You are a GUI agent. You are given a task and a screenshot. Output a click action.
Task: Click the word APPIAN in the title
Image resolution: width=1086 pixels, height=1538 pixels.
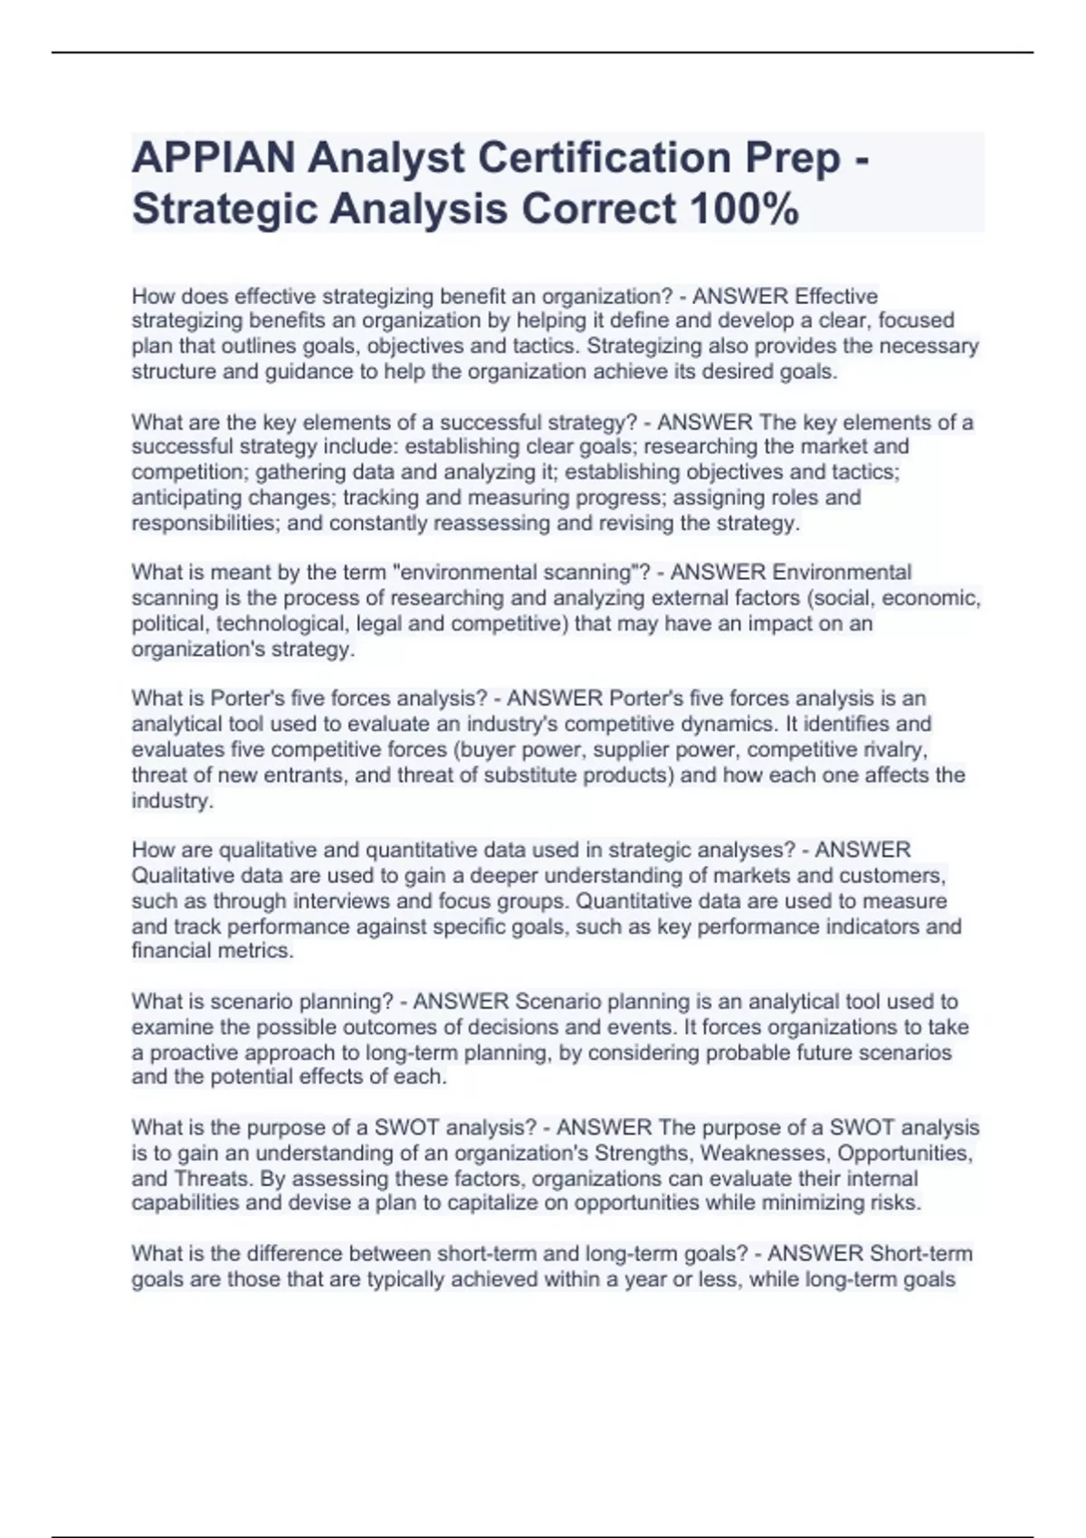(214, 158)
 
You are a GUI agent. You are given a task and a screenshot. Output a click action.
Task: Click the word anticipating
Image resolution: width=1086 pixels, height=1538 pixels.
(187, 498)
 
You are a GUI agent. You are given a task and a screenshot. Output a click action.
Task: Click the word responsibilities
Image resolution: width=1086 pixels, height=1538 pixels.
(205, 523)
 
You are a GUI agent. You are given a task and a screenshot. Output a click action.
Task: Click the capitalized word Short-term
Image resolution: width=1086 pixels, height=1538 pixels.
(920, 1254)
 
